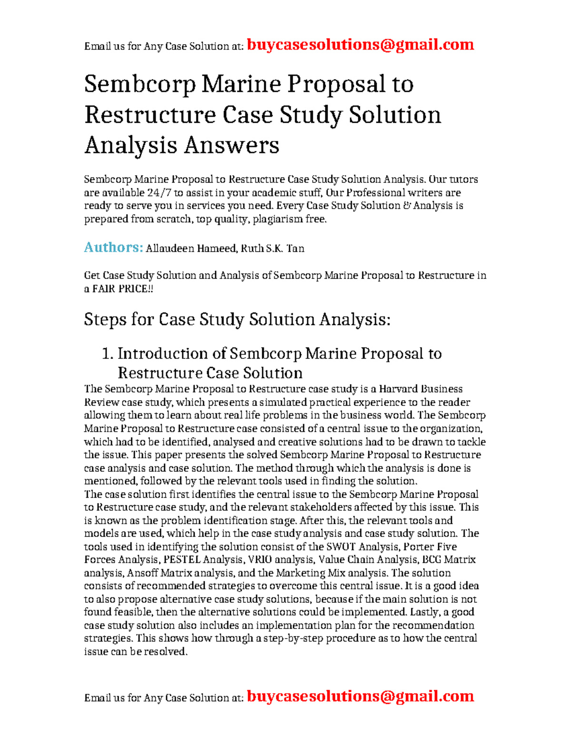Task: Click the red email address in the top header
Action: (360, 45)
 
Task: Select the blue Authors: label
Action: (113, 247)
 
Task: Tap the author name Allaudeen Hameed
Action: (191, 248)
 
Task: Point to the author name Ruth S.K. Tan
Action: (273, 248)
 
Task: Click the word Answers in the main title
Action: (231, 145)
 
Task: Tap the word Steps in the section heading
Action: (105, 319)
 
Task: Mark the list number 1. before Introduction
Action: (108, 354)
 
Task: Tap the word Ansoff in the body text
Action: (142, 573)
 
